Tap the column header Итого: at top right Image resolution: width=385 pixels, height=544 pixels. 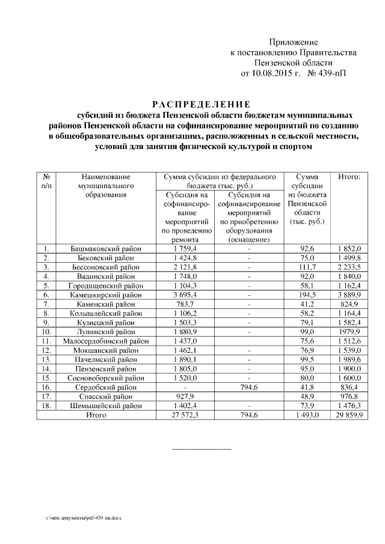pyautogui.click(x=349, y=177)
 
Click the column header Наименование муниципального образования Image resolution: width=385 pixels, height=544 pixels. pyautogui.click(x=105, y=186)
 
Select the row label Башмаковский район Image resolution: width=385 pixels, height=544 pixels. pyautogui.click(x=106, y=248)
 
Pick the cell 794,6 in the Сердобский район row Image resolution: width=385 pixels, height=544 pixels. pyautogui.click(x=247, y=388)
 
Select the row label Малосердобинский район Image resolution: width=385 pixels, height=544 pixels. pyautogui.click(x=106, y=342)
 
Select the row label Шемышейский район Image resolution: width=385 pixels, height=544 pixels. pyautogui.click(x=106, y=406)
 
